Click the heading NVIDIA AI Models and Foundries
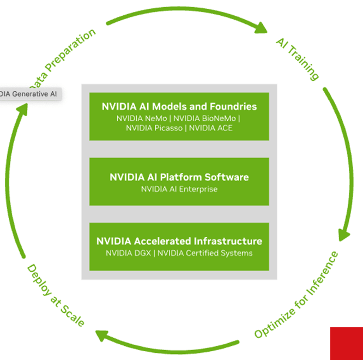[179, 106]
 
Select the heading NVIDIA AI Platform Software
[179, 177]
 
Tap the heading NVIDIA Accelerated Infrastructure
[179, 241]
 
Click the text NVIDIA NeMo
[143, 118]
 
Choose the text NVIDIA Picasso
[155, 128]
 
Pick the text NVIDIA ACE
[211, 128]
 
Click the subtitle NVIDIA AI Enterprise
[179, 189]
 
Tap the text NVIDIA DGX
[129, 253]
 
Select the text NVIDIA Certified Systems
[205, 253]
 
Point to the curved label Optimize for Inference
[297, 295]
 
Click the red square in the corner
[347, 344]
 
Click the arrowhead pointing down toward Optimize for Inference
[344, 234]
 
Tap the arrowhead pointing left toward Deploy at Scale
[101, 335]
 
